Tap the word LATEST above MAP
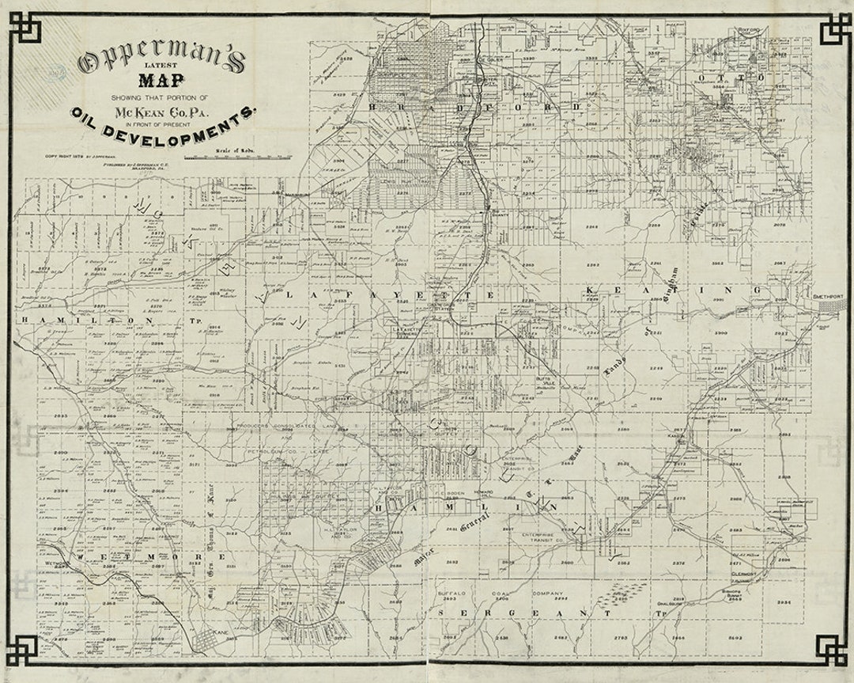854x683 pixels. tap(161, 66)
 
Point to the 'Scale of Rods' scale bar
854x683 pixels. tap(237, 155)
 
